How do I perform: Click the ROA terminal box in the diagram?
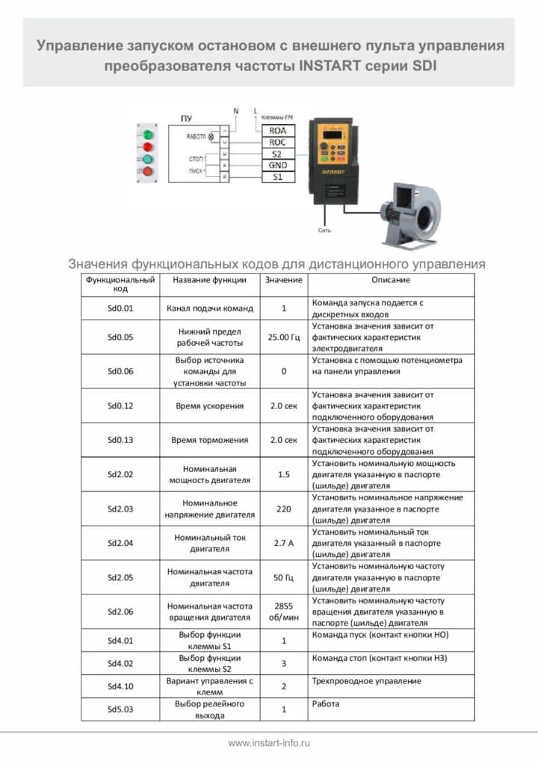click(277, 130)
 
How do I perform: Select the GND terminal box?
click(277, 165)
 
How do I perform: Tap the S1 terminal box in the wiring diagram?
click(277, 177)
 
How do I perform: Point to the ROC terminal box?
click(277, 142)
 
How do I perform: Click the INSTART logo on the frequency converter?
click(333, 170)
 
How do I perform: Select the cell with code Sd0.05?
click(120, 337)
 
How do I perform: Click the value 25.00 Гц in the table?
click(284, 337)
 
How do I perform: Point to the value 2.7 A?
click(284, 543)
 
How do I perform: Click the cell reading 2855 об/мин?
click(284, 612)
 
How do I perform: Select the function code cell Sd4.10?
click(120, 686)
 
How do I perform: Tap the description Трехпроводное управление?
click(366, 681)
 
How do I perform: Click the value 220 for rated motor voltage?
click(284, 509)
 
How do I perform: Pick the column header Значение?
click(284, 280)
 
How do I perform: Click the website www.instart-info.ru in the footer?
click(269, 743)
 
